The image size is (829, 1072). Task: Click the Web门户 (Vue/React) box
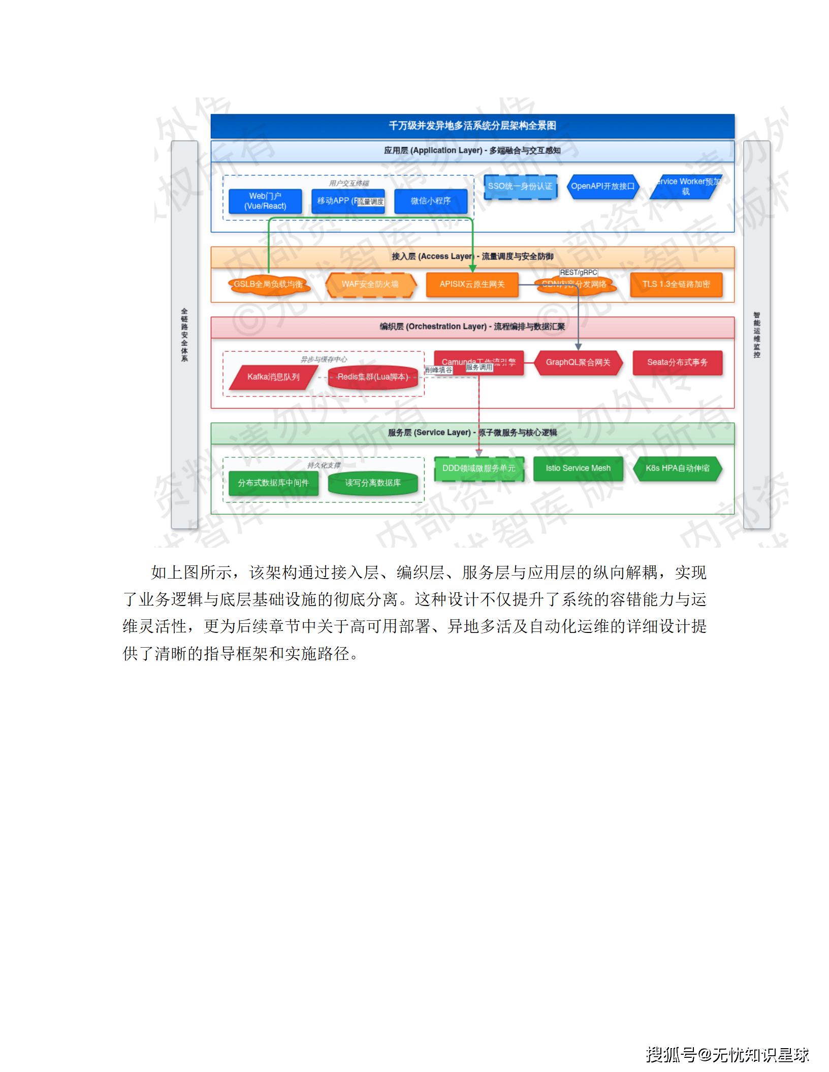coord(265,201)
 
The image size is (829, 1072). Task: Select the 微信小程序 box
coord(431,201)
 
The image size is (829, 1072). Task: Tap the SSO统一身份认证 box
coord(520,186)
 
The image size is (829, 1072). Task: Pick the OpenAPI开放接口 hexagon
coord(602,186)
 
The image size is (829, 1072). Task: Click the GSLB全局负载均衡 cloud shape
coord(269,284)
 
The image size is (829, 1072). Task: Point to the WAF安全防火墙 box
coord(370,284)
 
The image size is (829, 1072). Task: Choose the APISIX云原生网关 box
coord(472,284)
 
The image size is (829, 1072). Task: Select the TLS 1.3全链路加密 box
coord(676,284)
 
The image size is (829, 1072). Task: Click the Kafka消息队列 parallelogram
coord(273,377)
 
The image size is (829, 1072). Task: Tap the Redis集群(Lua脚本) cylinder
coord(373,377)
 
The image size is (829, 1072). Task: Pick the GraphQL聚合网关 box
coord(578,362)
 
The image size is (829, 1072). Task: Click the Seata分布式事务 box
coord(677,362)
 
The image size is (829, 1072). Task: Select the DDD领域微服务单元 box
coord(479,468)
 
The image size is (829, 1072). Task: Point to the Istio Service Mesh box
coord(578,468)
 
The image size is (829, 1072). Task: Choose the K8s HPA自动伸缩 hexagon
coord(678,468)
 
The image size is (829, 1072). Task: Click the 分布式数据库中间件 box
coord(273,483)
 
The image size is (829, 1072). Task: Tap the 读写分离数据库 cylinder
coord(373,483)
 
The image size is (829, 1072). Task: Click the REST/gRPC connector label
coord(579,273)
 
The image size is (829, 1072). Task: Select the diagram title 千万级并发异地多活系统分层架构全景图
coord(472,126)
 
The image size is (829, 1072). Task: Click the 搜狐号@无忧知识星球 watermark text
coord(727,1055)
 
